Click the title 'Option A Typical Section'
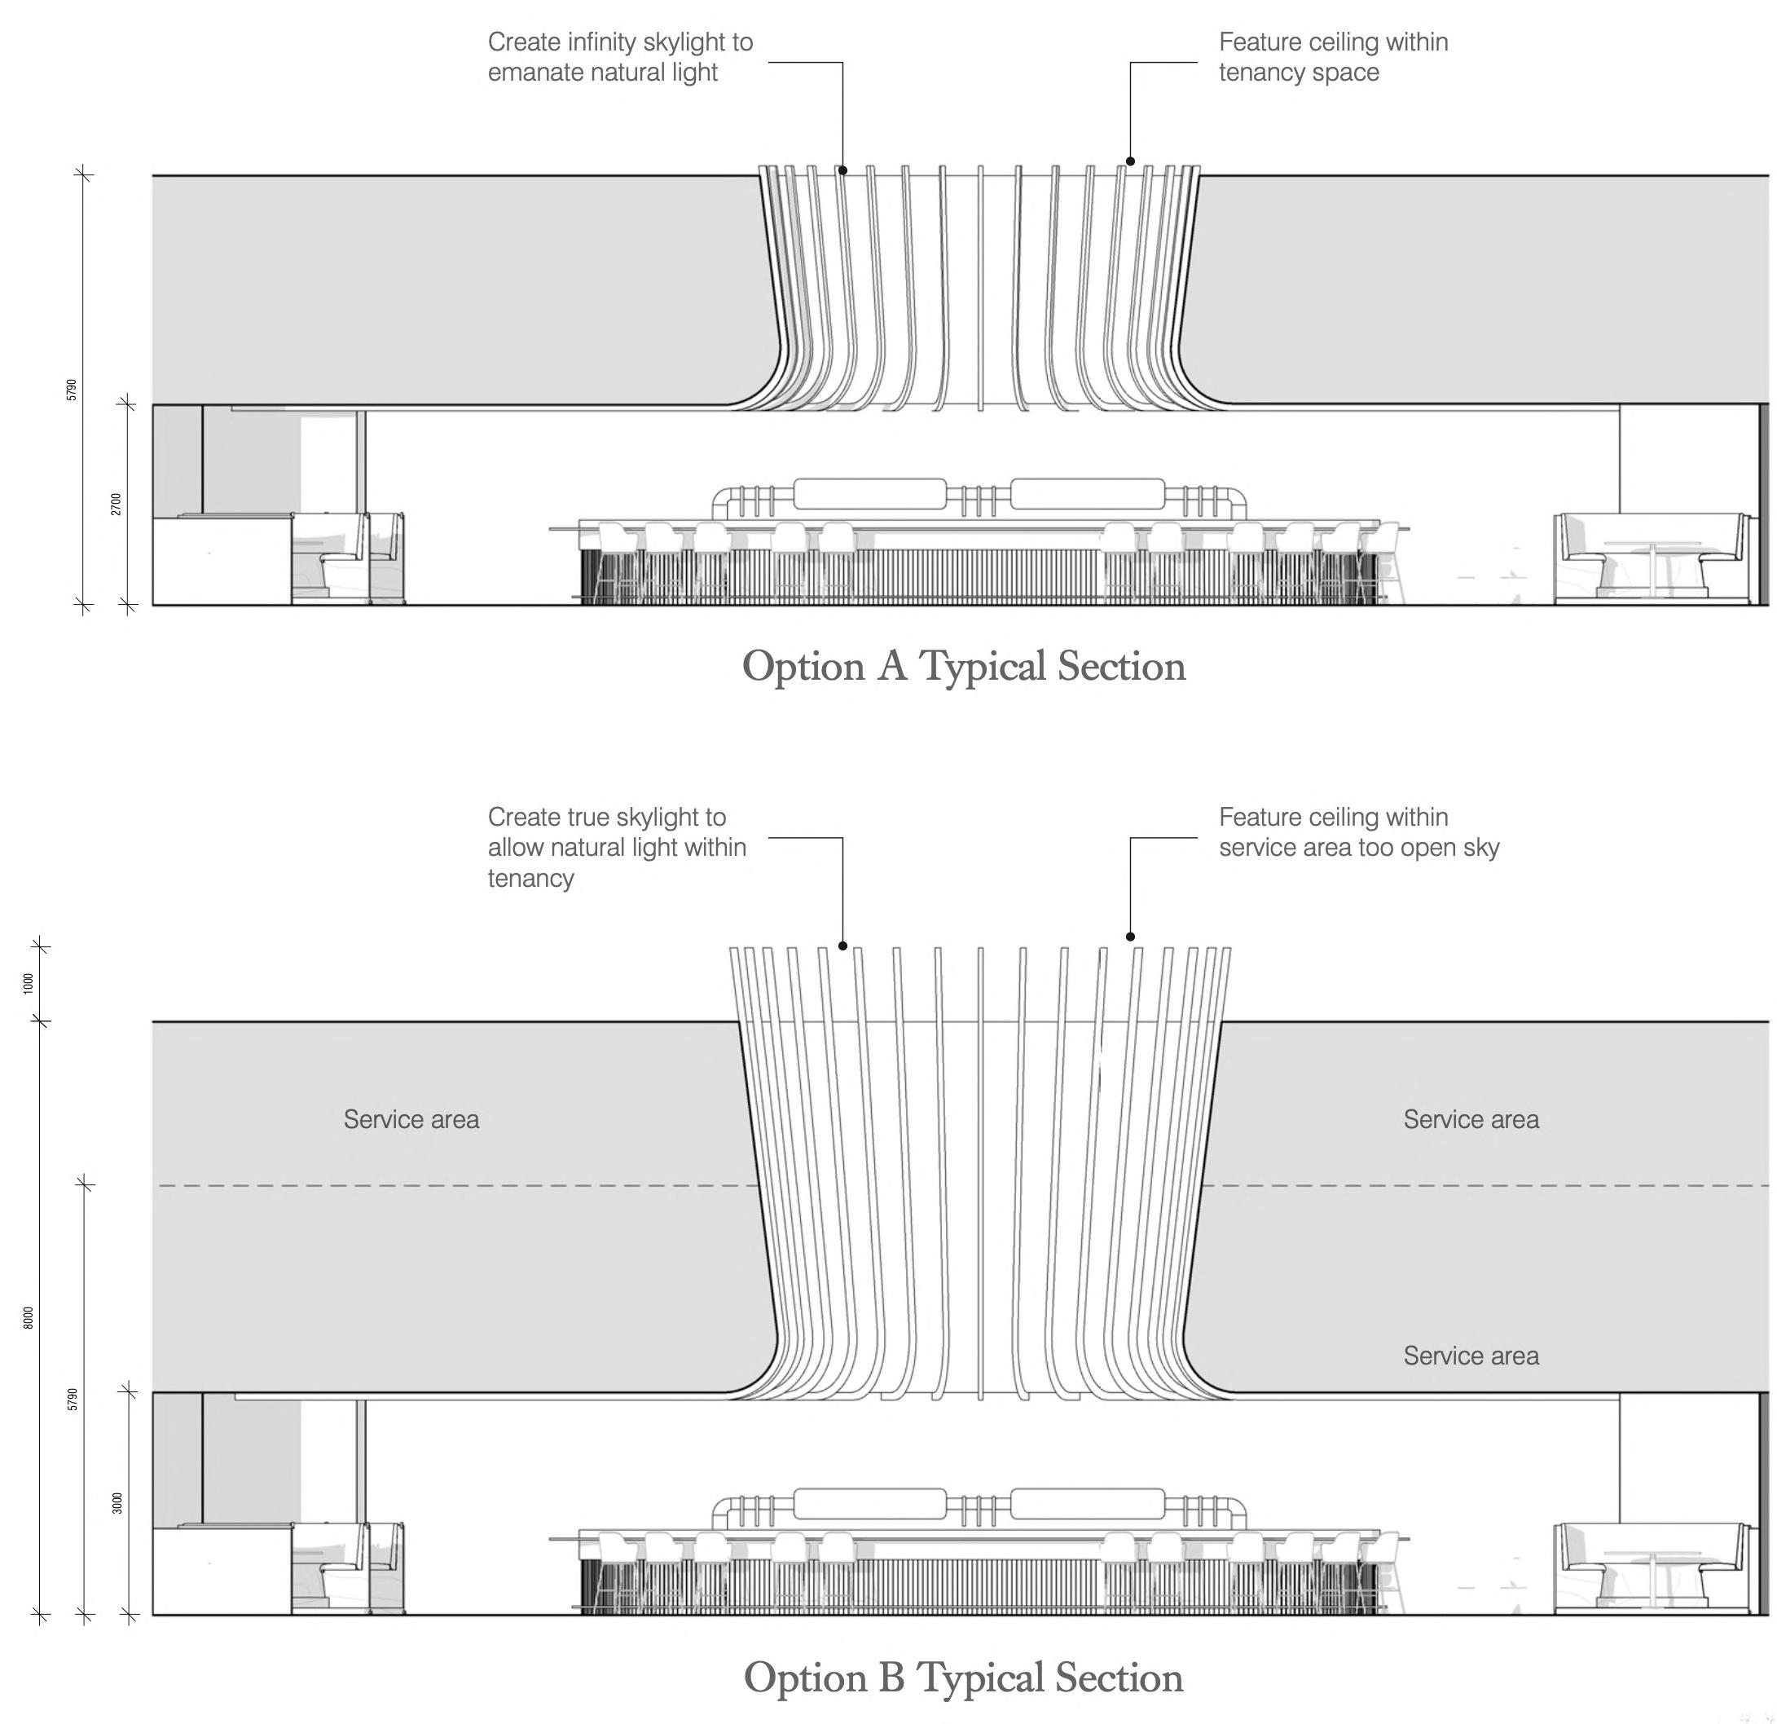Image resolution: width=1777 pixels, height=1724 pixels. (964, 667)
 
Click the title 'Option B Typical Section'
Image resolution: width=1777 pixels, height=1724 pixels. (963, 1678)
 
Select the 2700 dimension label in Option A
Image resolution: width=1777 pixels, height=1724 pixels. (116, 505)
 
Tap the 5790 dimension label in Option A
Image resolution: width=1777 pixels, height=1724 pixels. (72, 390)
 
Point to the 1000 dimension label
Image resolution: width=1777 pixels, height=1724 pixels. (28, 984)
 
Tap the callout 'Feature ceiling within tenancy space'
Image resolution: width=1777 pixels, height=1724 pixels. (1333, 57)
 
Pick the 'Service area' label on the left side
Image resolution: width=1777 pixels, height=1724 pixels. (411, 1119)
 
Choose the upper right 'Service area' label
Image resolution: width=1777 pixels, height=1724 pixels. (1471, 1119)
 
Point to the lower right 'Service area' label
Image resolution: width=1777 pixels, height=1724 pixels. (1471, 1356)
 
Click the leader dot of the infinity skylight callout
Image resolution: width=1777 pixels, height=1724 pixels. (842, 170)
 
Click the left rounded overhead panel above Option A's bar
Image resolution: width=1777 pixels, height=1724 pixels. (869, 494)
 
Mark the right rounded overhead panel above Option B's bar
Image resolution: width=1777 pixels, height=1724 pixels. (1087, 1504)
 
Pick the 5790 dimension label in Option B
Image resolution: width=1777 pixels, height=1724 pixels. (73, 1400)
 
